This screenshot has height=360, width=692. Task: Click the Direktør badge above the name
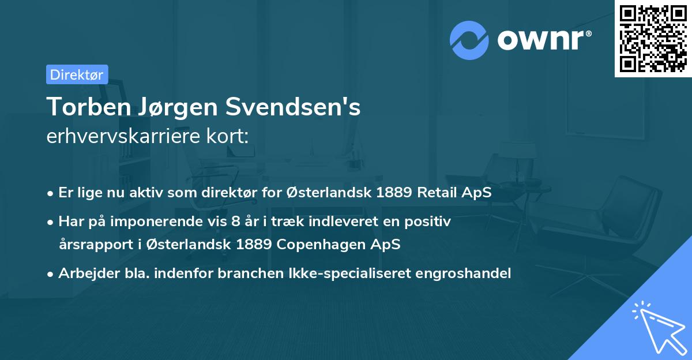[77, 74]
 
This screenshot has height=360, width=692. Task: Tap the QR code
[653, 39]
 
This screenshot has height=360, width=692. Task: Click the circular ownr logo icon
[469, 40]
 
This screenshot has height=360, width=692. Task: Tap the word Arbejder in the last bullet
[84, 273]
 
